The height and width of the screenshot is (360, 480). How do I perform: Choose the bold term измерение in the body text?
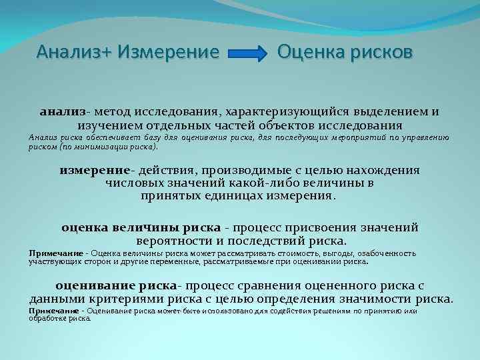point(95,170)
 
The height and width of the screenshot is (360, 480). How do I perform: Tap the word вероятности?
point(172,240)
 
